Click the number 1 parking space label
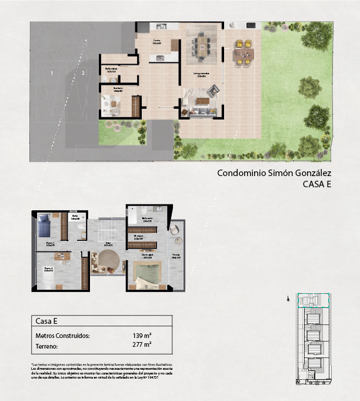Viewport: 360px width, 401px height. [52, 73]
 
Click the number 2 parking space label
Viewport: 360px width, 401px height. [84, 73]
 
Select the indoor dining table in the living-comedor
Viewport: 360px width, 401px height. [201, 45]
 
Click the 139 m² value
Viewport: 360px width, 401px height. [142, 336]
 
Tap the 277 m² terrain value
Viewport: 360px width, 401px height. [142, 346]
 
